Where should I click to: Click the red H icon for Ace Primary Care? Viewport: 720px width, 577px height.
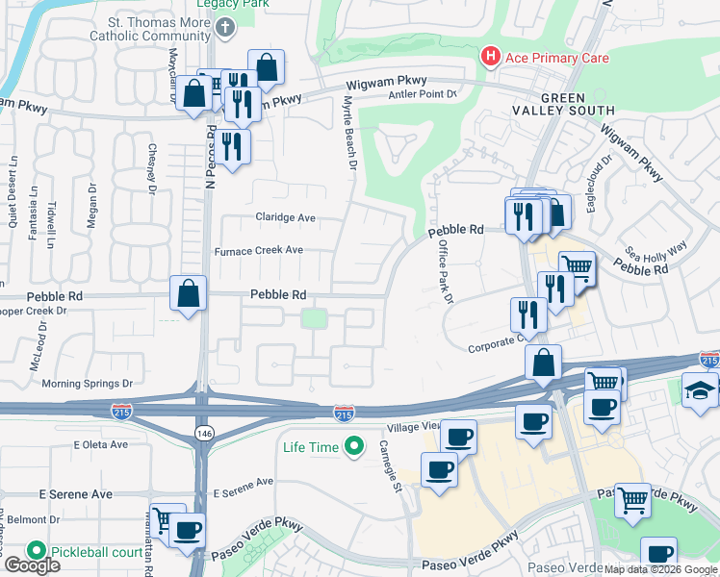pyautogui.click(x=491, y=58)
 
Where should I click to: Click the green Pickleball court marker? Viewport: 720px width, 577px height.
pyautogui.click(x=37, y=551)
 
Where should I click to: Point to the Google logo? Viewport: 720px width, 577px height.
pyautogui.click(x=31, y=565)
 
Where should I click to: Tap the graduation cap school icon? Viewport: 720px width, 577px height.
pyautogui.click(x=701, y=389)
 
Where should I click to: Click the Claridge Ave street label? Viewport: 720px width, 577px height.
pyautogui.click(x=285, y=218)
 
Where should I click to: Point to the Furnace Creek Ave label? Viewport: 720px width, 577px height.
pyautogui.click(x=259, y=250)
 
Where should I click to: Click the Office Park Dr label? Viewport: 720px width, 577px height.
pyautogui.click(x=445, y=271)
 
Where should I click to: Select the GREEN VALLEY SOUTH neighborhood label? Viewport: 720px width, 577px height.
pyautogui.click(x=577, y=105)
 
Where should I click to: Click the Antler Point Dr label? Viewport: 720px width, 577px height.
pyautogui.click(x=422, y=94)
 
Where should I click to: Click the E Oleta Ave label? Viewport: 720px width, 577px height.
pyautogui.click(x=100, y=444)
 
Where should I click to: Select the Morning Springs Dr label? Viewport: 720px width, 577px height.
pyautogui.click(x=87, y=383)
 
